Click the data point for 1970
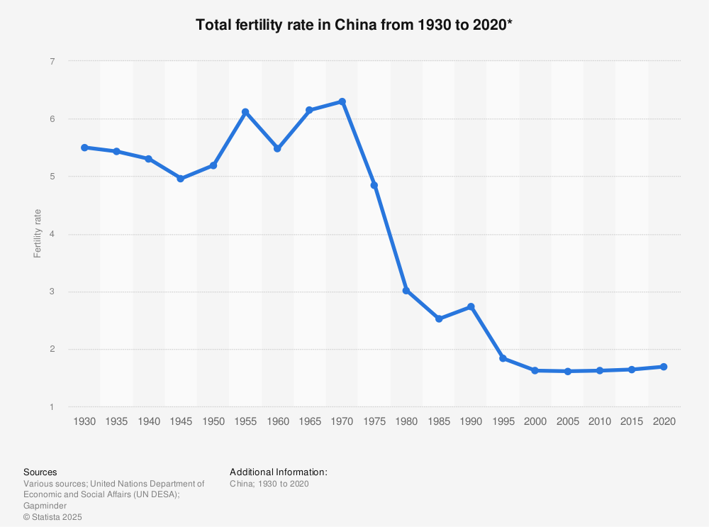point(342,101)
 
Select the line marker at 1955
point(245,112)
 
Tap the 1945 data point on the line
point(181,179)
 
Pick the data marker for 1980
point(406,290)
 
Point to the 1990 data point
point(471,306)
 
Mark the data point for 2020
point(664,367)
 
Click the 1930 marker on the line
point(84,148)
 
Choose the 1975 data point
point(374,185)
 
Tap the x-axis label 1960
point(277,421)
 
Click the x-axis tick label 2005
point(567,421)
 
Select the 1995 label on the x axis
point(503,421)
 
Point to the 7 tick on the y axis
point(52,62)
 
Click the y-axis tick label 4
point(52,234)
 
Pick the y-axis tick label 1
point(52,407)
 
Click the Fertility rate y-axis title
point(38,233)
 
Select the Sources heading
point(40,472)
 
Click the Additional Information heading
point(278,472)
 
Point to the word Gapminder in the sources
point(45,506)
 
